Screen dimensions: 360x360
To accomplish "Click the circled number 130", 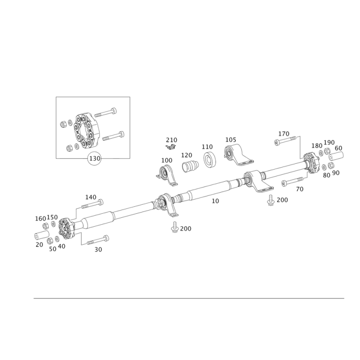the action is coord(94,158).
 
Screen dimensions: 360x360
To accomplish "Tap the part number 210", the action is coord(171,140).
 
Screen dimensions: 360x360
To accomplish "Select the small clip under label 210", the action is coord(171,147).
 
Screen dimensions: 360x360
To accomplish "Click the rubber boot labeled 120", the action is coord(190,166).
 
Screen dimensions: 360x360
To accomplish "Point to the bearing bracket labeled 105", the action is coord(238,155).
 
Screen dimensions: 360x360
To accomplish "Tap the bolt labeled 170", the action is coord(286,140).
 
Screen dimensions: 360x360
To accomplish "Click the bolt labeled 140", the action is coord(92,204).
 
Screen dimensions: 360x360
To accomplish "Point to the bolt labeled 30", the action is coord(98,240).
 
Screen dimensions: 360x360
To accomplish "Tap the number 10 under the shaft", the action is coord(215,201).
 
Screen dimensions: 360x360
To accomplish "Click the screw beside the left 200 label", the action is coord(175,227).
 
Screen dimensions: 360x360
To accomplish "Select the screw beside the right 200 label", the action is coord(271,200).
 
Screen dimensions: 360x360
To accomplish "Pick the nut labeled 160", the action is coord(45,226).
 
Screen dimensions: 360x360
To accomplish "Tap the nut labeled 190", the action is coord(327,151).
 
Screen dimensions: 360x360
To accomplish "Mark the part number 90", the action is coord(336,173).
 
